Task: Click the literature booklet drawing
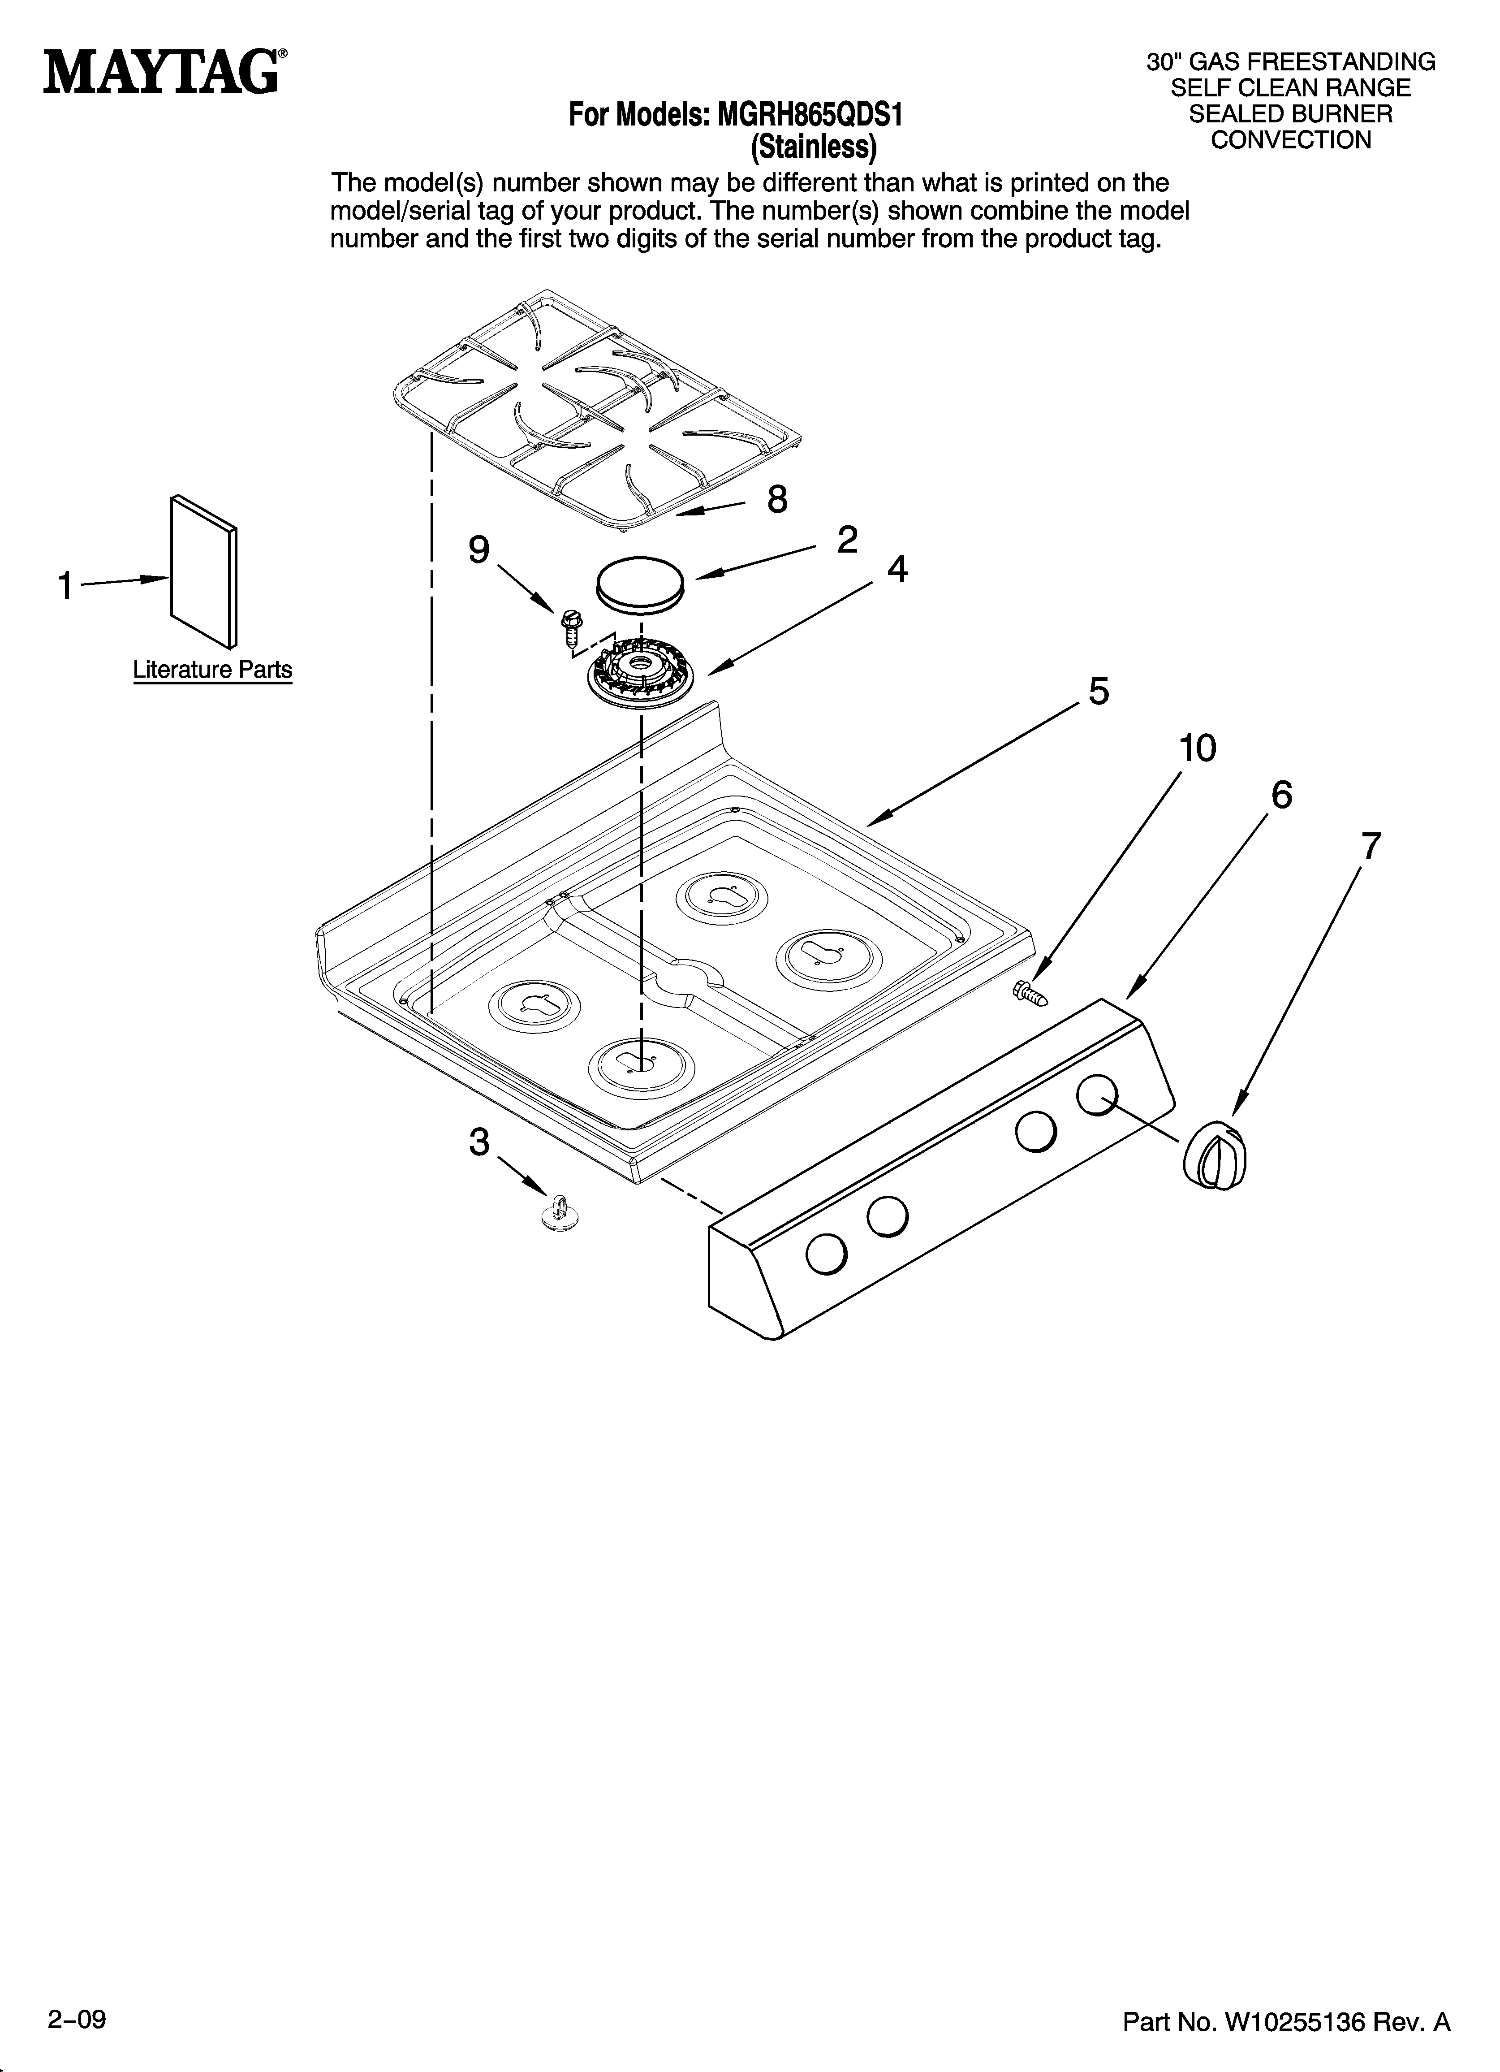(x=204, y=572)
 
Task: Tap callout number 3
(x=478, y=1142)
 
